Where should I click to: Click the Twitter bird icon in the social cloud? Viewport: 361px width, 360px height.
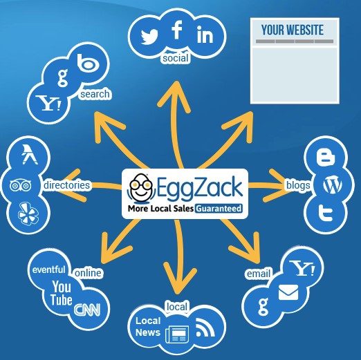point(149,37)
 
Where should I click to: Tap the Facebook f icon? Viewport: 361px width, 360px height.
point(177,30)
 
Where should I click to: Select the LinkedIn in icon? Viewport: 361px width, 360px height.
point(205,35)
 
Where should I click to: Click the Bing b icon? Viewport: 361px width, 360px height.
point(89,62)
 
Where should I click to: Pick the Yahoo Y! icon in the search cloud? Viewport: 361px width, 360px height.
point(48,103)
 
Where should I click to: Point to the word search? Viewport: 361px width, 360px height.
point(95,94)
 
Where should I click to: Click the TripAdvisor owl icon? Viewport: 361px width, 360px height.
point(21,185)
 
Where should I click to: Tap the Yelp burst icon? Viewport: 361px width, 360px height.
point(28,214)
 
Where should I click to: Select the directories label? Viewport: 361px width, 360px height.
point(66,185)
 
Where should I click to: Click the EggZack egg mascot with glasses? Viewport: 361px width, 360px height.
point(140,188)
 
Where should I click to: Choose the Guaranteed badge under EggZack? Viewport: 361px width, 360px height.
point(219,209)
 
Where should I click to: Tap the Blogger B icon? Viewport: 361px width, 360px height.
point(326,157)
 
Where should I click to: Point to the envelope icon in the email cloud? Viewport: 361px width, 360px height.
point(288,292)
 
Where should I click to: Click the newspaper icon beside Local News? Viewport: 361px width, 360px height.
point(177,334)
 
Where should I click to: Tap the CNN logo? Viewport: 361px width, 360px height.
point(87,310)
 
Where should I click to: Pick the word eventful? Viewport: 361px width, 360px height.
point(49,269)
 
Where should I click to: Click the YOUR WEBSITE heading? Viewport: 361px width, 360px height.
point(293,30)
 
